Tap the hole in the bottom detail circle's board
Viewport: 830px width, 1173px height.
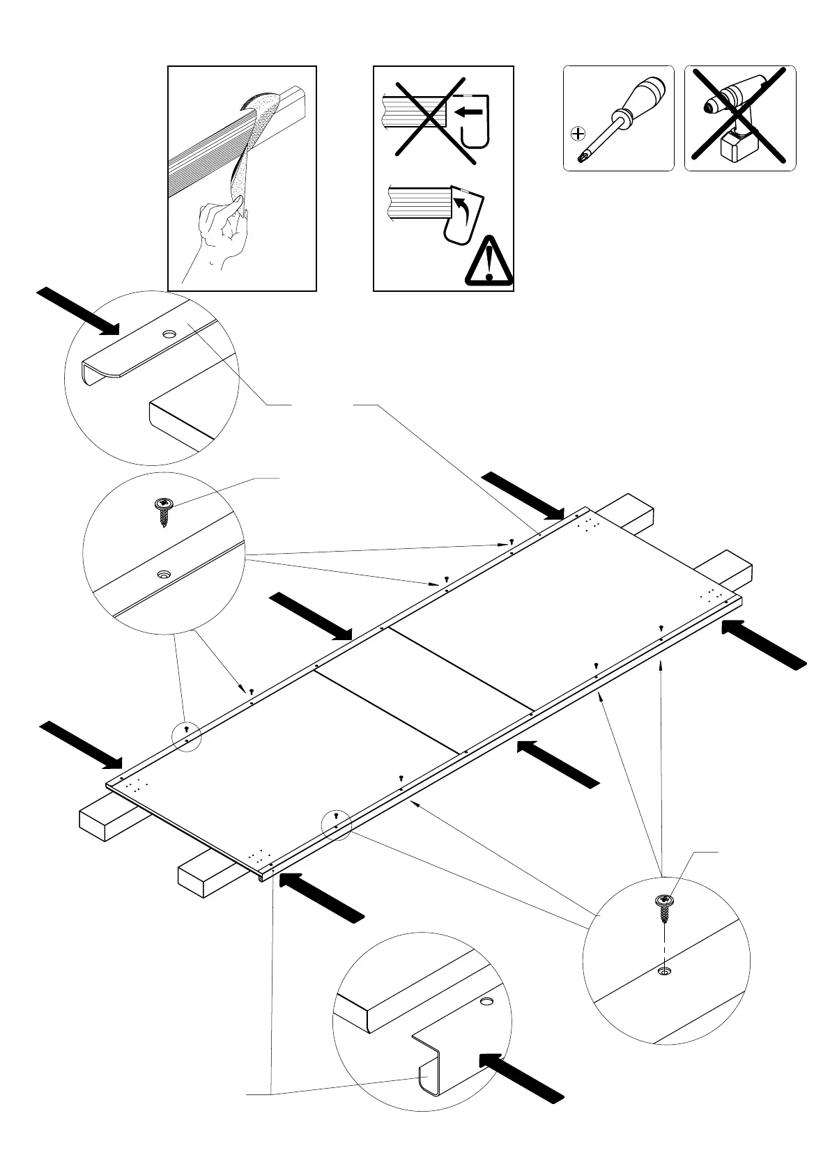486,1002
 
